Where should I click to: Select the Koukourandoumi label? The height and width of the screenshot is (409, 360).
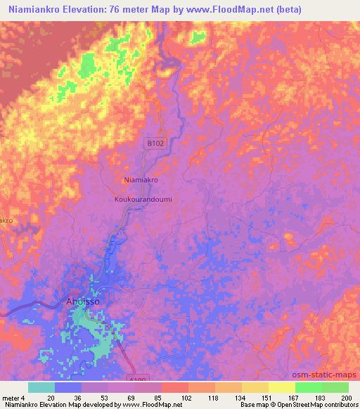tap(143, 199)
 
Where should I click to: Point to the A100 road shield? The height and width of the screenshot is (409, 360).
tap(141, 378)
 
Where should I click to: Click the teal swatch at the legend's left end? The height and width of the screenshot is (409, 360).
tap(41, 387)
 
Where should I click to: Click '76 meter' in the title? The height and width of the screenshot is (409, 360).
tap(125, 9)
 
